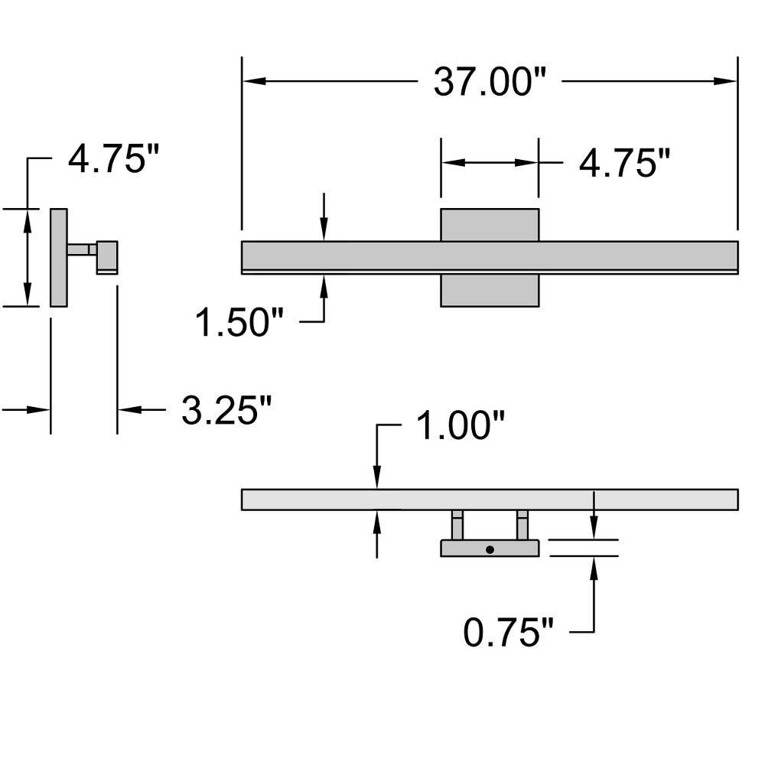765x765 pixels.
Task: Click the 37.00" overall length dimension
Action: (490, 82)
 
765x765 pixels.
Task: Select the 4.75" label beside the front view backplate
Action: (624, 163)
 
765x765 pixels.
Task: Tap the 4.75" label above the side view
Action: (114, 158)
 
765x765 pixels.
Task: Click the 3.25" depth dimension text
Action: (226, 409)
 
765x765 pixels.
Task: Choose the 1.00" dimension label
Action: (461, 425)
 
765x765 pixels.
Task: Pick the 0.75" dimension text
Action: (509, 633)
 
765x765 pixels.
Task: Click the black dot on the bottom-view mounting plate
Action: (490, 550)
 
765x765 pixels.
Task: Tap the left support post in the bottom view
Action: (457, 525)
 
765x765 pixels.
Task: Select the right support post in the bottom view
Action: (522, 525)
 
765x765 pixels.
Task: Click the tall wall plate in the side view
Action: (59, 258)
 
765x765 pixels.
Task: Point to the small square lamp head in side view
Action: (107, 257)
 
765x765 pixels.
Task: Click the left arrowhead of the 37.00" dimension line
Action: (254, 81)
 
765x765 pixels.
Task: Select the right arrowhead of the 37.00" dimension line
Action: (725, 81)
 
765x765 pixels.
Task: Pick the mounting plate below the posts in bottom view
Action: (490, 548)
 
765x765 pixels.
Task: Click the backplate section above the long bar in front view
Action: (490, 225)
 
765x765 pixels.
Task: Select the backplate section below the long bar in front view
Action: (490, 291)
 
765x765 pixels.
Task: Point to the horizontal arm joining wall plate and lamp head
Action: (82, 250)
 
